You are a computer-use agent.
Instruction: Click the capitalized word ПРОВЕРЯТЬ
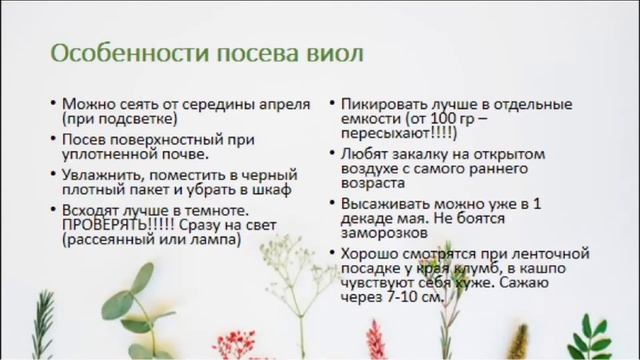tap(104, 225)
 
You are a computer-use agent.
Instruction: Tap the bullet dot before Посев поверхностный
tap(52, 139)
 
